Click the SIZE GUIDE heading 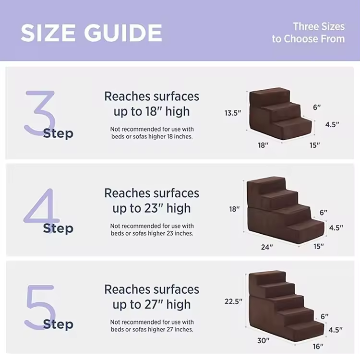[x=91, y=33]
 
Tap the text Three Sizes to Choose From [x=308, y=33]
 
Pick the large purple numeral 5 [x=40, y=307]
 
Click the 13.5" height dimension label [x=233, y=113]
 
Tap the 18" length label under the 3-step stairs [x=263, y=145]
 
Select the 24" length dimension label [x=267, y=247]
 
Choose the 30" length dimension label [x=263, y=340]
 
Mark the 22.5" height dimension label [x=233, y=301]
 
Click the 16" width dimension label [x=318, y=347]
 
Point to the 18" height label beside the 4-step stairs [x=234, y=209]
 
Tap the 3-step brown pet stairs [x=281, y=113]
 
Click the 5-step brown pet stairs [x=286, y=305]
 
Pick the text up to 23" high [x=152, y=208]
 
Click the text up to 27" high [x=152, y=305]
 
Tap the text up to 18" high [x=152, y=111]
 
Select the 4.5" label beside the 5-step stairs [x=336, y=330]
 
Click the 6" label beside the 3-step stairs [x=317, y=107]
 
